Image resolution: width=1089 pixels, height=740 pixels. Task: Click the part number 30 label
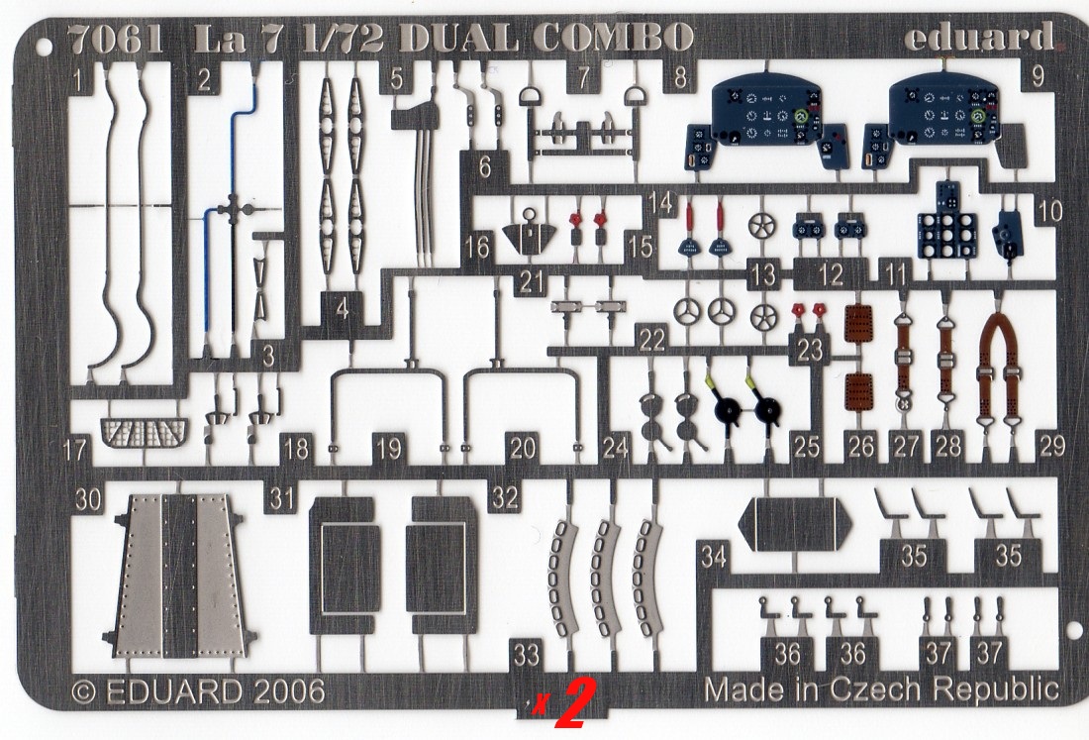[x=89, y=501]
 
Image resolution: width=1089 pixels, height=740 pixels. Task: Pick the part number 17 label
[x=73, y=452]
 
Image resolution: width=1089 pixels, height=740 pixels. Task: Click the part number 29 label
[x=1051, y=446]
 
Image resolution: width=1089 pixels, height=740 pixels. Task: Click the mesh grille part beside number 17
[x=145, y=432]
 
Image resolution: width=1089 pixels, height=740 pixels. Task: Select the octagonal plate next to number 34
[x=797, y=523]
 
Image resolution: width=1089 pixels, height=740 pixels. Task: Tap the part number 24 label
[x=615, y=449]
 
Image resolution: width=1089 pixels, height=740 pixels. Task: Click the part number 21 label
[x=533, y=281]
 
